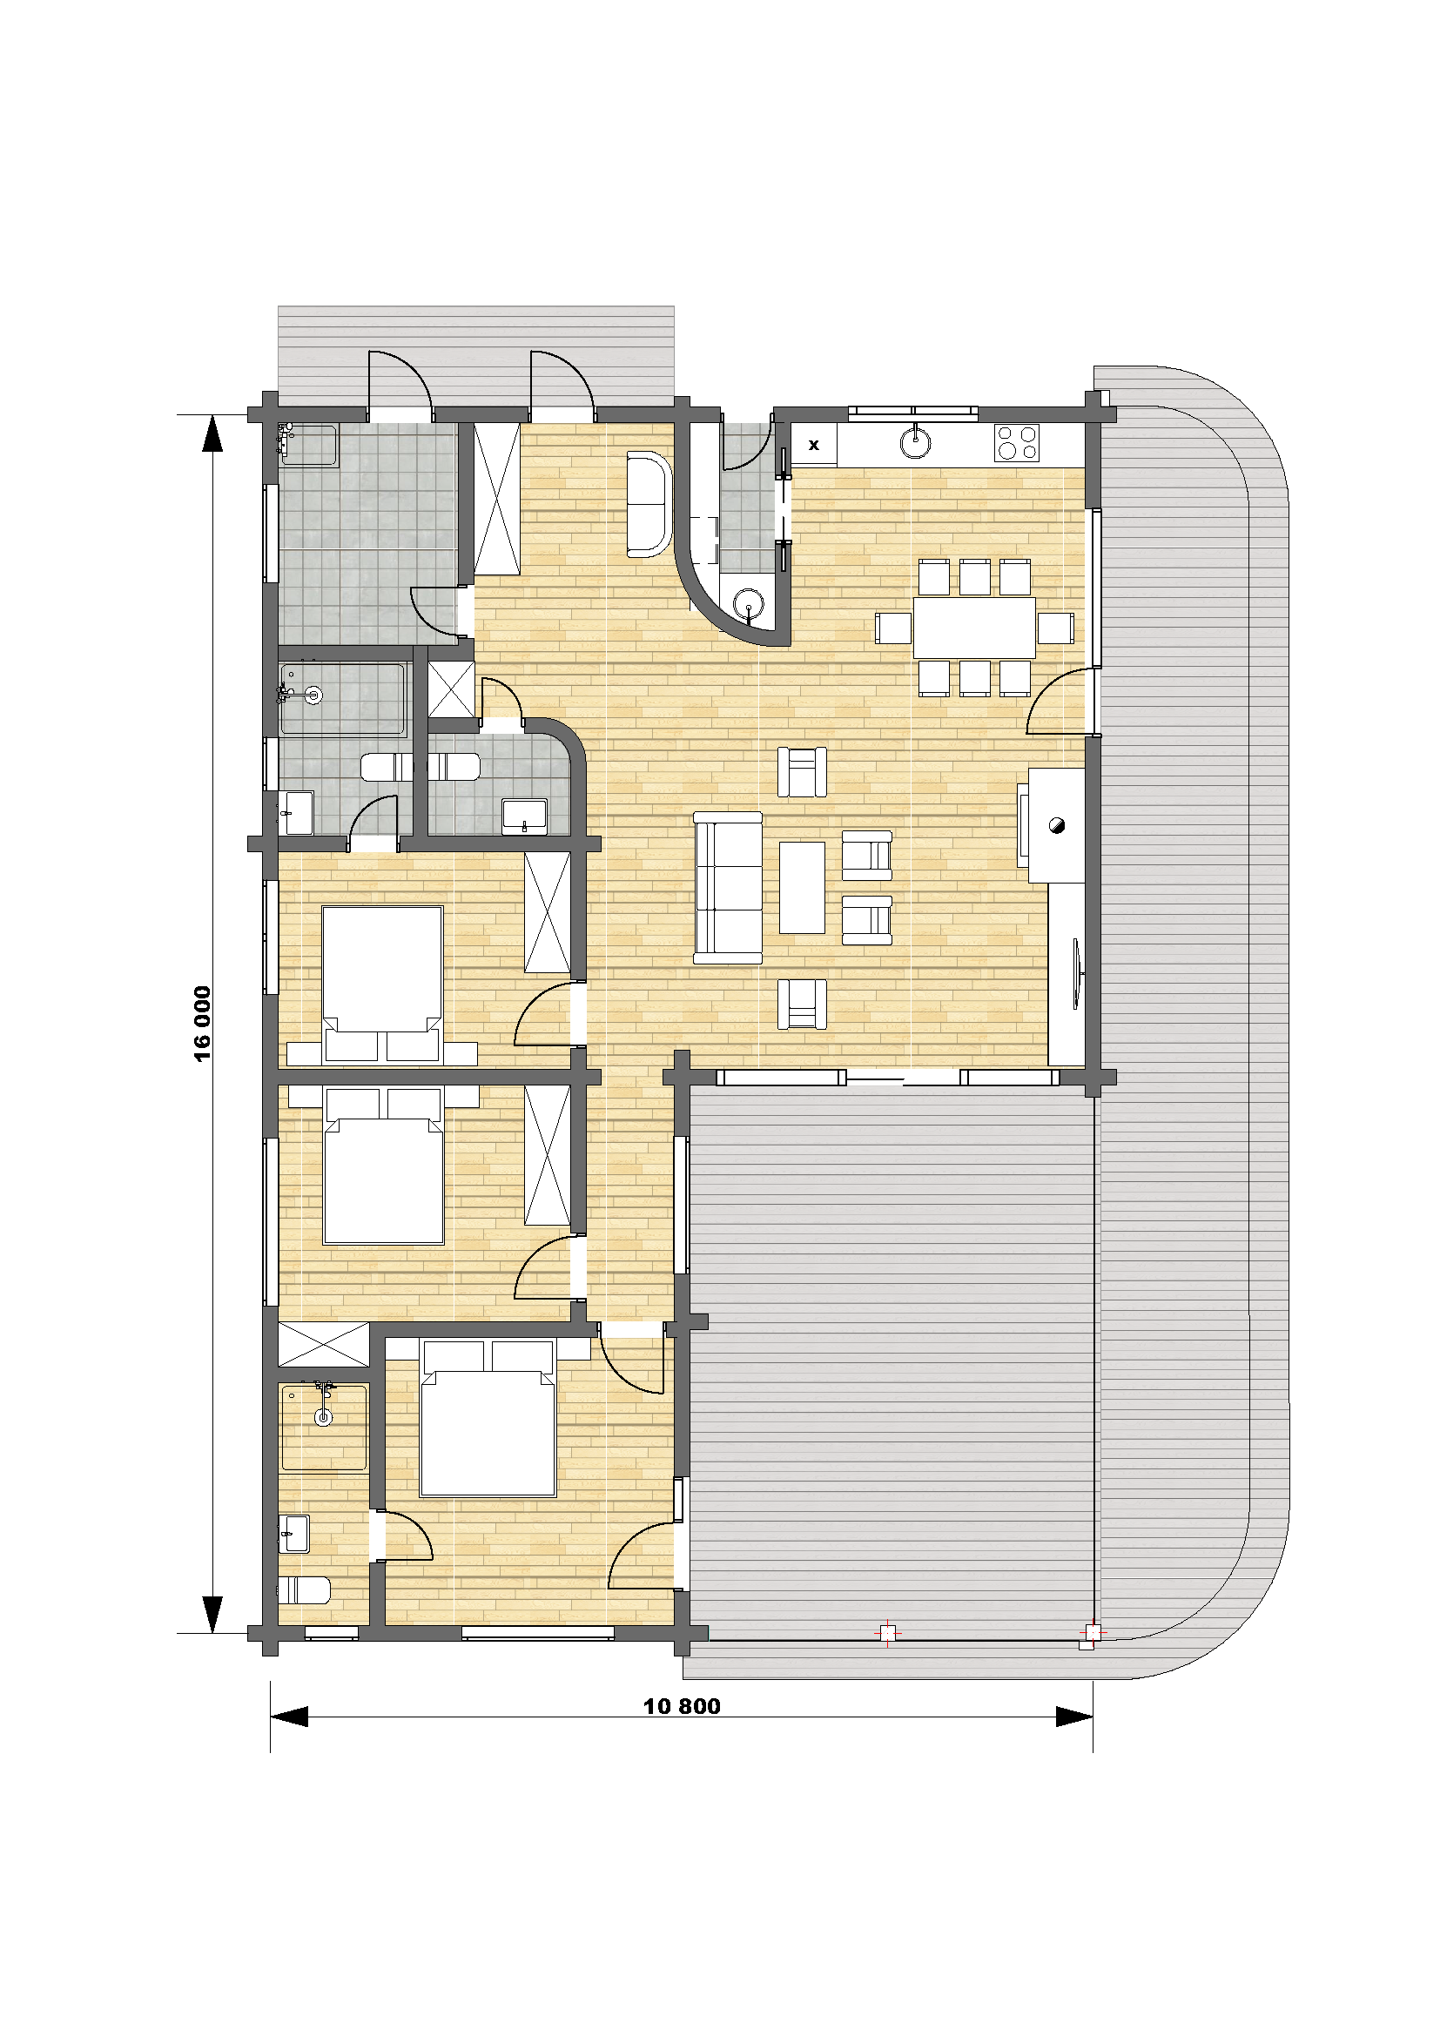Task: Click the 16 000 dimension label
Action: [x=203, y=1024]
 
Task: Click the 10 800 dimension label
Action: [x=681, y=1705]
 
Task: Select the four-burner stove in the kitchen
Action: [x=1016, y=443]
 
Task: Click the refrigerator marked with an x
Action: [x=814, y=444]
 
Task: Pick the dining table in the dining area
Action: [x=974, y=627]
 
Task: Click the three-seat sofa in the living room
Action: [x=728, y=887]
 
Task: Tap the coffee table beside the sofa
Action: [x=802, y=887]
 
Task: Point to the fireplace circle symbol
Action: [x=1056, y=824]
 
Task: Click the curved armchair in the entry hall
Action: [x=649, y=504]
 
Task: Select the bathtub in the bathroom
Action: [x=342, y=699]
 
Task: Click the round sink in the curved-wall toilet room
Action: [x=750, y=604]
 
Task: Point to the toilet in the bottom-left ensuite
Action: [x=304, y=1590]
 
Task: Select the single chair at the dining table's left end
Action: [x=893, y=628]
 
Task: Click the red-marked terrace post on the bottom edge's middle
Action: [x=887, y=1632]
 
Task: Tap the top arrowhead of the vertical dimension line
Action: [x=212, y=433]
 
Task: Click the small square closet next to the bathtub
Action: [x=451, y=689]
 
